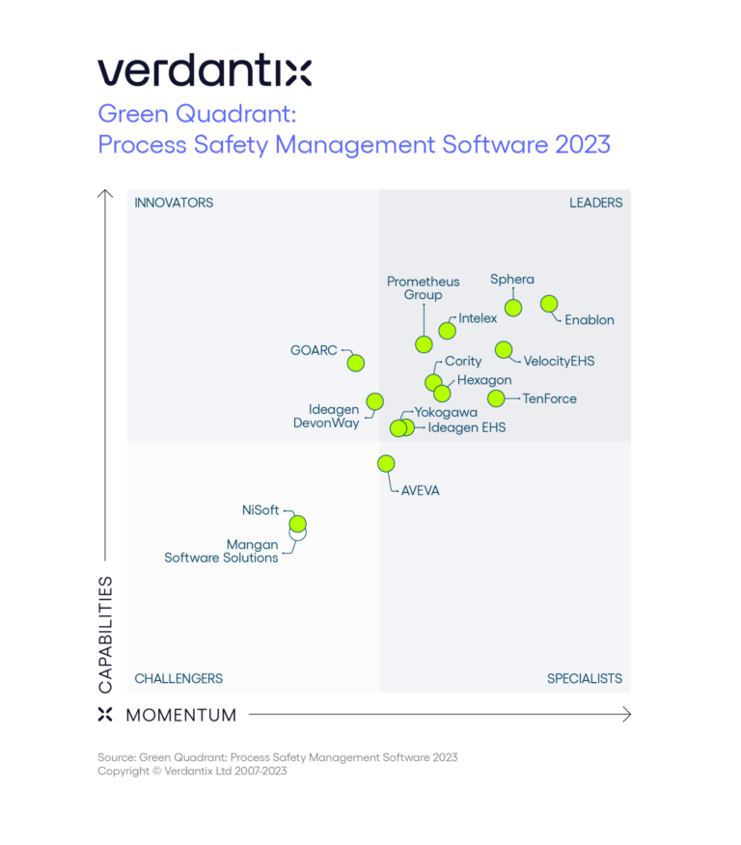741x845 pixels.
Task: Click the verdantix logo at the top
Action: (204, 71)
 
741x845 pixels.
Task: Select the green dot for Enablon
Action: (549, 304)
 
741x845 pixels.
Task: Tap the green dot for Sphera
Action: (513, 308)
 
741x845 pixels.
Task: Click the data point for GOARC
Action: (355, 363)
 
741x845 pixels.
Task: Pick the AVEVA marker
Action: (386, 463)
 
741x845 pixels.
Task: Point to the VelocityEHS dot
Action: (503, 349)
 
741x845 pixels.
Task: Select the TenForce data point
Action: (496, 397)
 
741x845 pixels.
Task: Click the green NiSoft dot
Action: (297, 523)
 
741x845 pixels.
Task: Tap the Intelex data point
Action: (447, 331)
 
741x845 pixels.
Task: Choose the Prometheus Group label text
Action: (423, 288)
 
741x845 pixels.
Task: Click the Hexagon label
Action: (484, 380)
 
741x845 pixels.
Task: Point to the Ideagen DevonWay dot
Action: (374, 401)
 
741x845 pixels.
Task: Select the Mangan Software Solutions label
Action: (222, 551)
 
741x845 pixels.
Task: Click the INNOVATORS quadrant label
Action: (174, 203)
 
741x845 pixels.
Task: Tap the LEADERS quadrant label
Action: (595, 203)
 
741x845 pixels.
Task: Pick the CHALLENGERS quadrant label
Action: (178, 678)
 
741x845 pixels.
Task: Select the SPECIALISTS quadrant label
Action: (584, 678)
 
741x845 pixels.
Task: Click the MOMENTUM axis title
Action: (180, 715)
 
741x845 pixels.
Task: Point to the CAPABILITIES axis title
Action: (105, 634)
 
